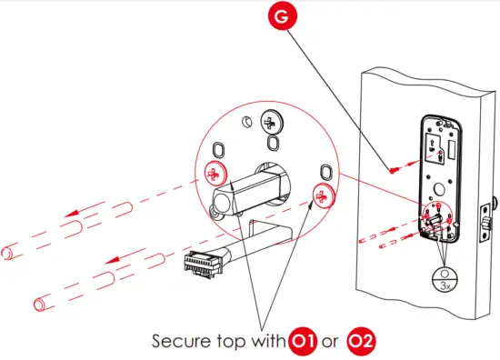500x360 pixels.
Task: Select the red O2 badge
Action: (x=362, y=343)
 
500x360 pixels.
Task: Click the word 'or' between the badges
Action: (x=330, y=344)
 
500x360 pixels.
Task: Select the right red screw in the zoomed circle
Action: (x=320, y=194)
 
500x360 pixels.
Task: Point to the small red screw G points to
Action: (x=390, y=168)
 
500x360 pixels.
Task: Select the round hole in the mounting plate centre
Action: (x=440, y=192)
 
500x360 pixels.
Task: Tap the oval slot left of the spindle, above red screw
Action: (x=219, y=149)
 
